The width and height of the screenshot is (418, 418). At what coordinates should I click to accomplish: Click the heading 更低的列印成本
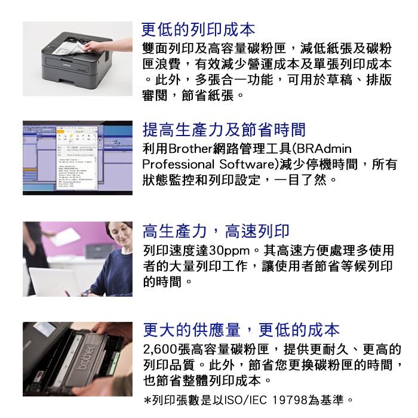(x=198, y=29)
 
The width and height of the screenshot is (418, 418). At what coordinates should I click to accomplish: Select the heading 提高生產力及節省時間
(x=224, y=130)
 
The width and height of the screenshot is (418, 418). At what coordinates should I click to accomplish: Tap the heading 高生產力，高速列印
(x=216, y=231)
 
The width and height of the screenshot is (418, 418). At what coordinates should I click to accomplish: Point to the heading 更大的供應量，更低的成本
(x=241, y=330)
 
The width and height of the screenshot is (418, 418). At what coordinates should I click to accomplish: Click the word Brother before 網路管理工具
(x=190, y=149)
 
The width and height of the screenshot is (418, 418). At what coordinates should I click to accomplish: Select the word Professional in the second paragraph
(x=178, y=164)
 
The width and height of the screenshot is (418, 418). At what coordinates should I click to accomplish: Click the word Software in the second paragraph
(x=247, y=164)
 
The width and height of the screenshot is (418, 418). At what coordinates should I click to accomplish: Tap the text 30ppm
(x=229, y=251)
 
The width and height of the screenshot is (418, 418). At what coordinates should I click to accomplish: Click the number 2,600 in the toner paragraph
(x=160, y=349)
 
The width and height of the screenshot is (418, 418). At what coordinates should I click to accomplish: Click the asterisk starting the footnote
(x=147, y=400)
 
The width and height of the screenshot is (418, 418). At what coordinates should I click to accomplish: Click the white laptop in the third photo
(x=53, y=281)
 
